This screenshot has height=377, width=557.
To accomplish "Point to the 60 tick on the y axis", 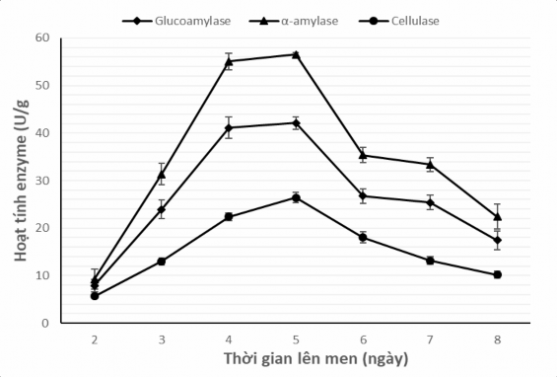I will click(42, 38).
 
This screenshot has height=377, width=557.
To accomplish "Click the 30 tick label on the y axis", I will click(42, 181).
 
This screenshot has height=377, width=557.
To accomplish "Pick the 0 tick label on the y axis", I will click(45, 323).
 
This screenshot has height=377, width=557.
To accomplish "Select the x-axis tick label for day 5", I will click(296, 339).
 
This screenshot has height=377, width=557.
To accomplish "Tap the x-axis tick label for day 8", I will click(497, 339).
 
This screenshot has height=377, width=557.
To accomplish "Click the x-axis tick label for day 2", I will click(95, 339).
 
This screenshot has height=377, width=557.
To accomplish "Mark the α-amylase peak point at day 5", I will click(296, 54).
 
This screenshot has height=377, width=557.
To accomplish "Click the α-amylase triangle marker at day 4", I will click(229, 61).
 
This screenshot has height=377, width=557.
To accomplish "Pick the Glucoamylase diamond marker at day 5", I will click(296, 122).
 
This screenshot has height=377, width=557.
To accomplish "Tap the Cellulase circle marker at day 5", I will click(296, 197).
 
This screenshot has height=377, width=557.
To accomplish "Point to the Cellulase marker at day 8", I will click(497, 274).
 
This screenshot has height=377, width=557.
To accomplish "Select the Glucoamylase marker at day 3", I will click(162, 209).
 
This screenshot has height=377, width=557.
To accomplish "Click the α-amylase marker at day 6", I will click(363, 155).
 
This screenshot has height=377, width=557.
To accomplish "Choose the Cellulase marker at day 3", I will click(162, 262).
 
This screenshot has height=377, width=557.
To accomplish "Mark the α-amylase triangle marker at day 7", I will click(430, 164).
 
